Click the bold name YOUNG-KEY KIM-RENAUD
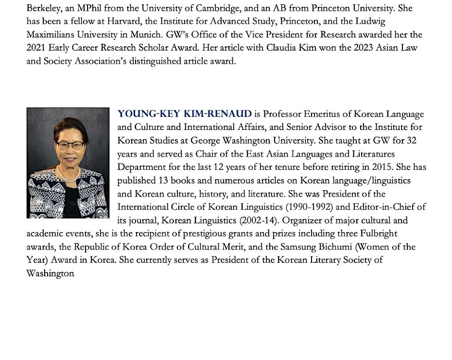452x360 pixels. coord(184,114)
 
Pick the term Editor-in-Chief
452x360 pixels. coord(384,207)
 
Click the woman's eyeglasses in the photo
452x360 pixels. coord(70,145)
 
